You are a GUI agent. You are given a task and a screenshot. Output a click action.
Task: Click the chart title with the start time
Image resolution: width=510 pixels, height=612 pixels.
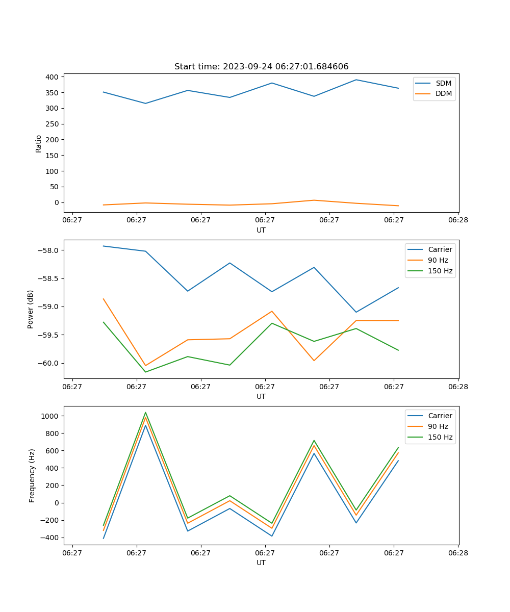pos(261,67)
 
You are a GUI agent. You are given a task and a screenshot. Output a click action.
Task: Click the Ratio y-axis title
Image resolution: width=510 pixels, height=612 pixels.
pos(39,144)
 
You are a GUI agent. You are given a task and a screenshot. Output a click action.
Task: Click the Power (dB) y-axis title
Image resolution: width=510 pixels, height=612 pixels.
pos(31,309)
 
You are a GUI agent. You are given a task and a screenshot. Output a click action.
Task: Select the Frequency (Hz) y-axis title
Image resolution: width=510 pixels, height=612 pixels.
pos(32,475)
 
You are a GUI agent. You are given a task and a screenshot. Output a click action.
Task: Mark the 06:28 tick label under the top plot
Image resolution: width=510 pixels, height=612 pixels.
pos(457,220)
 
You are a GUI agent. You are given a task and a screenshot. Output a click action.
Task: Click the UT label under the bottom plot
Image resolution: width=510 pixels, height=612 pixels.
pos(261,563)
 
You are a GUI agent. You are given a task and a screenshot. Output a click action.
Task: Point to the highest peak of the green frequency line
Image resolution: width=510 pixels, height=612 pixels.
pos(145,413)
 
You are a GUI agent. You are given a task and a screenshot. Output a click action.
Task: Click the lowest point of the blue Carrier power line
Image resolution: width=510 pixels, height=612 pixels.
pos(356,312)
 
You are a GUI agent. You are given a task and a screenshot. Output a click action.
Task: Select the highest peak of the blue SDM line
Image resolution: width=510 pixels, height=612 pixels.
pos(356,80)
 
